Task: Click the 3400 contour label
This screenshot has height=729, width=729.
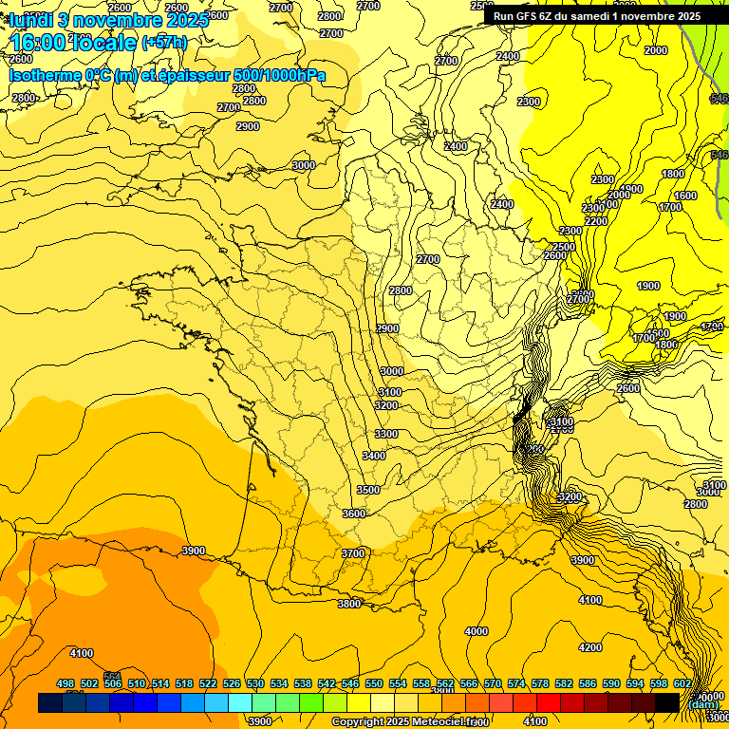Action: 374,457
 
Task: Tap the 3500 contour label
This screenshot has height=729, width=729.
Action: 368,490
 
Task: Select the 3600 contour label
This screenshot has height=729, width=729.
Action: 353,514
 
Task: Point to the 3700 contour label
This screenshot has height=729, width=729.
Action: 353,553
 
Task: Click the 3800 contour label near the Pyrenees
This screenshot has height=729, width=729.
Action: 349,604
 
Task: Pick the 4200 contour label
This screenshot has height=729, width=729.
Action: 590,648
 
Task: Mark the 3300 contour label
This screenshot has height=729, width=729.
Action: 386,434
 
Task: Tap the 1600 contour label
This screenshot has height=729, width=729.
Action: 685,196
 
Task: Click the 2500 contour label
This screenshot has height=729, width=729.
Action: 564,248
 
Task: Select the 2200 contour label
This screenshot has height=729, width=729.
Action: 596,221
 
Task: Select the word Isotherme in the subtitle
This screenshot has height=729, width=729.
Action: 45,75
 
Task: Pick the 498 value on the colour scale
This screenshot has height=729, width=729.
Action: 65,683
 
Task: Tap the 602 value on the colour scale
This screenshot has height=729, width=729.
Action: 682,683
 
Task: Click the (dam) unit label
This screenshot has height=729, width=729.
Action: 703,704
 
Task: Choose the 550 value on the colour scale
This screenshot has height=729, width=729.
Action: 374,683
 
